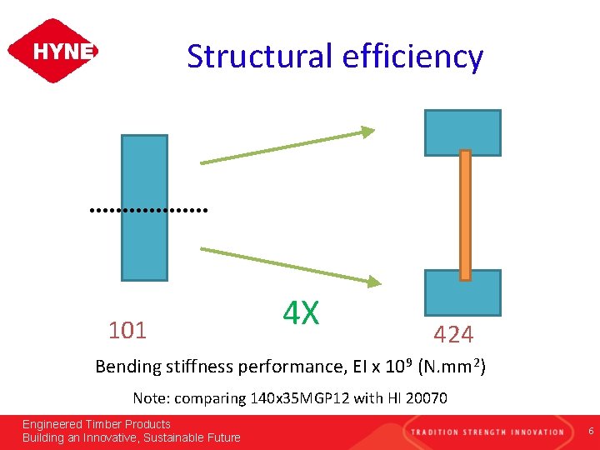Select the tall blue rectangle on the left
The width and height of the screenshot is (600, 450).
[x=144, y=207]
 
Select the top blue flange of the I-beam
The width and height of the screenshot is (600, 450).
[x=462, y=132]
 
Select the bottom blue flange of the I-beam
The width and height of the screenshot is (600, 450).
[x=462, y=292]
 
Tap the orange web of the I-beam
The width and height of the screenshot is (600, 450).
[x=465, y=214]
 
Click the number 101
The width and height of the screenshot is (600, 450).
[x=127, y=331]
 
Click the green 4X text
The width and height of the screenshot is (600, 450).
[x=301, y=313]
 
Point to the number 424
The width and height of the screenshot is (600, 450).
[x=453, y=335]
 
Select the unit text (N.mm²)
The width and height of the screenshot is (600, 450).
[x=452, y=367]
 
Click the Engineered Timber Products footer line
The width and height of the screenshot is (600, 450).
[x=97, y=424]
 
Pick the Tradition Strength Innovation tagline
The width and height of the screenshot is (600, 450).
[x=487, y=431]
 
